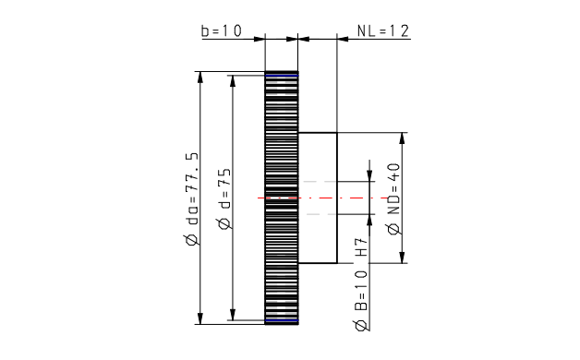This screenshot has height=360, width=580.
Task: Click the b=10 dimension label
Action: [222, 30]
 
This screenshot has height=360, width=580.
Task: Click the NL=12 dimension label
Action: [383, 30]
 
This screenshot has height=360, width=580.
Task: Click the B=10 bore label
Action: [361, 291]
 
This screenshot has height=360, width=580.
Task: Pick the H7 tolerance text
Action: [361, 246]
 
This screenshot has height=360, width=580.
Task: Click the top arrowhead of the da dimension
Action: [200, 77]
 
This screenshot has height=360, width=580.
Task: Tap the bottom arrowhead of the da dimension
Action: [200, 318]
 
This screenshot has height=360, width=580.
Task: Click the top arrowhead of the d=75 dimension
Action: [233, 81]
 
